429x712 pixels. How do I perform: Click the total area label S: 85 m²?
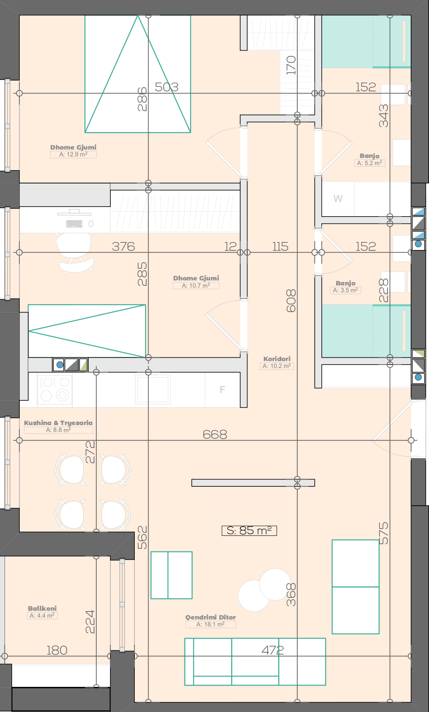tap(249, 530)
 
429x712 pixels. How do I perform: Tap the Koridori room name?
tap(277, 359)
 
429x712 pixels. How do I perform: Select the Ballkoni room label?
tap(42, 608)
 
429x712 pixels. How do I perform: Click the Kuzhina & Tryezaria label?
tap(58, 423)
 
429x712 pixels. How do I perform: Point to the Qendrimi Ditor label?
tap(211, 617)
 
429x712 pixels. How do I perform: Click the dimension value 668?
tap(215, 434)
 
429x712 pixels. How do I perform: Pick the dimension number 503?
tap(167, 87)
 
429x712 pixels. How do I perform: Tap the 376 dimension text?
tap(123, 247)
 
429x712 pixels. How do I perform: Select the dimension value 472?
tap(273, 650)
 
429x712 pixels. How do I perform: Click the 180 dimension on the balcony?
tap(57, 650)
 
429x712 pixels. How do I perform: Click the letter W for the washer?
tap(338, 199)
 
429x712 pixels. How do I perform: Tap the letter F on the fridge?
tap(222, 390)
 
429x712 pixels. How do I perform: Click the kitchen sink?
tap(153, 389)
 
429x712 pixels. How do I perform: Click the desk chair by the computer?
tap(75, 253)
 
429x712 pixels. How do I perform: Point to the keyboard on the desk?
tap(74, 224)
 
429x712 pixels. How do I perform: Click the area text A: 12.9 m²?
tap(73, 155)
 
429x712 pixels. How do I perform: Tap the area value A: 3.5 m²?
tap(346, 290)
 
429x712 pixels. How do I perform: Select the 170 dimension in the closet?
tap(291, 65)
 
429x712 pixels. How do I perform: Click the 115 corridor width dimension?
tap(280, 247)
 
